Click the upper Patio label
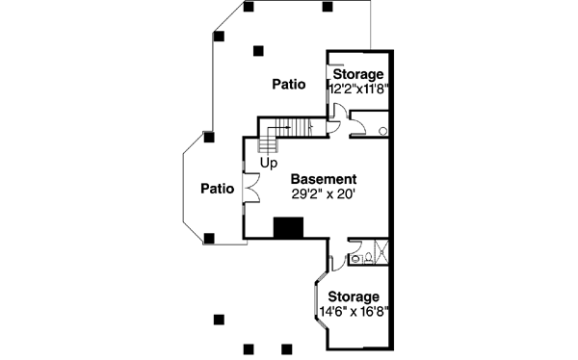pyautogui.click(x=288, y=85)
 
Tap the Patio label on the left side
pyautogui.click(x=218, y=189)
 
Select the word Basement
pyautogui.click(x=324, y=179)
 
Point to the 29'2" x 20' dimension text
pyautogui.click(x=325, y=193)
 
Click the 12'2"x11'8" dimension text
pyautogui.click(x=358, y=88)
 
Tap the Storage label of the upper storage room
pyautogui.click(x=359, y=74)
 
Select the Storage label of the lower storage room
pyautogui.click(x=353, y=296)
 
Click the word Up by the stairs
pyautogui.click(x=268, y=162)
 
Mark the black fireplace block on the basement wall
pyautogui.click(x=288, y=227)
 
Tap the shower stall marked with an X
pyautogui.click(x=378, y=251)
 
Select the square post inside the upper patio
pyautogui.click(x=257, y=51)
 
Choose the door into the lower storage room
pyautogui.click(x=334, y=261)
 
